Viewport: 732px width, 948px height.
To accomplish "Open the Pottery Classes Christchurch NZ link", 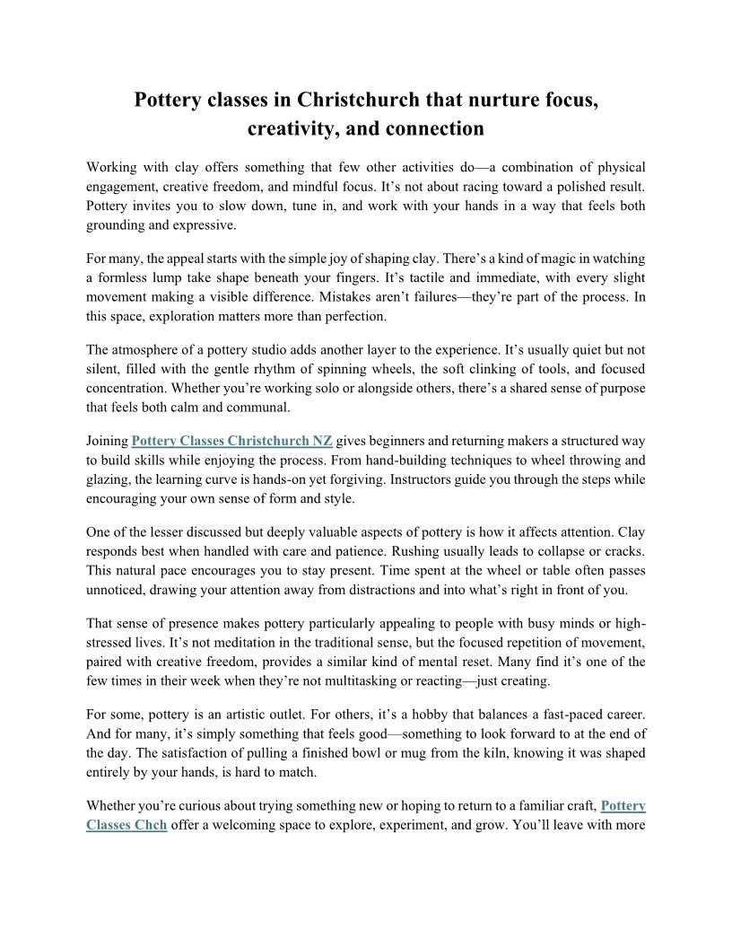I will pyautogui.click(x=232, y=441).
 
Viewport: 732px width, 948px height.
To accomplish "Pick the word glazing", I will pyautogui.click(x=107, y=479).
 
